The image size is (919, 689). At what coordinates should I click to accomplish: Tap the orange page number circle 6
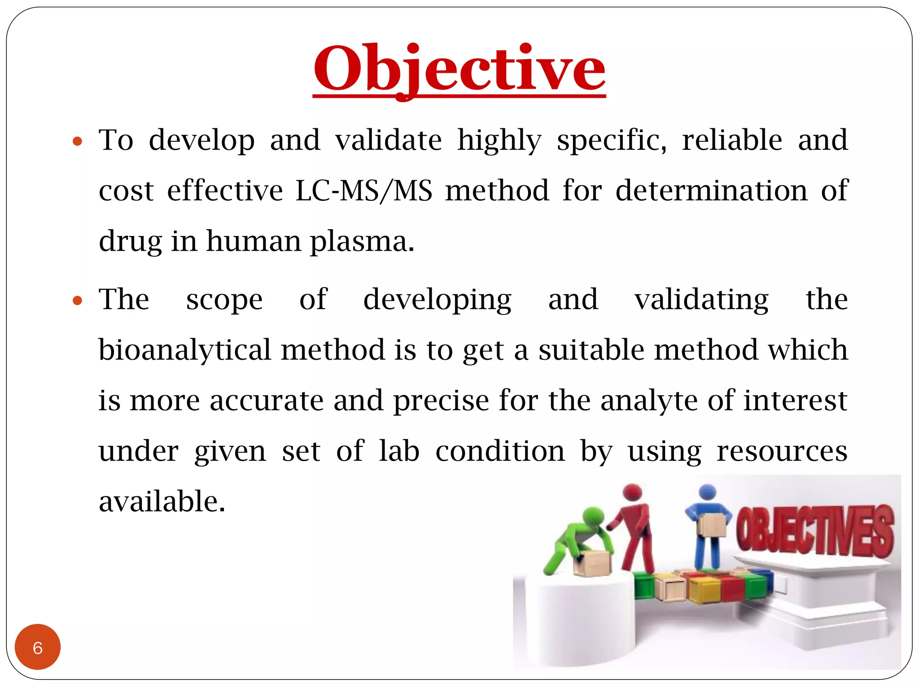coord(38,647)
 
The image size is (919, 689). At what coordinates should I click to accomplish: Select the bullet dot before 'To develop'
coord(78,142)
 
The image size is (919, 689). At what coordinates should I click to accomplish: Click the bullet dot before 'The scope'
coord(78,301)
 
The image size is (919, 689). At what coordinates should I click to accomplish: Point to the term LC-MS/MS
coord(364,191)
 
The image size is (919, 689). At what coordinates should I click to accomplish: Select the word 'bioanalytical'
coord(185,350)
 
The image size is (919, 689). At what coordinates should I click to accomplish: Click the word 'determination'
coord(711,191)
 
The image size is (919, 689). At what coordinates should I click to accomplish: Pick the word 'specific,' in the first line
coord(612,140)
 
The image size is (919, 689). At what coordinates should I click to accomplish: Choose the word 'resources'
coord(782,451)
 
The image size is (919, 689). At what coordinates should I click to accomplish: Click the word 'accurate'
coord(267,401)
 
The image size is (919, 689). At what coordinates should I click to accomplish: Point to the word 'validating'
coord(701,300)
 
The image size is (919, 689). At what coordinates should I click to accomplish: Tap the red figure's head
coord(633,492)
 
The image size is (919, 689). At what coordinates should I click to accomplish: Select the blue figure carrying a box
coord(708,529)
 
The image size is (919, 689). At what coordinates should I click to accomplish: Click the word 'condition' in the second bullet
coord(500,451)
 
